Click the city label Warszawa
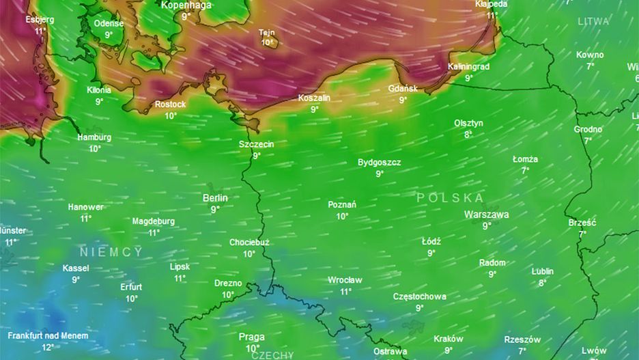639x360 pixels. [486, 214]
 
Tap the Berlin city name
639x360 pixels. [215, 198]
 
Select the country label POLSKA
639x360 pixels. [450, 197]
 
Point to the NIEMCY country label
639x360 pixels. [111, 251]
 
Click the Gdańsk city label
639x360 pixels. [402, 89]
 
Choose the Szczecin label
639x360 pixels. [256, 144]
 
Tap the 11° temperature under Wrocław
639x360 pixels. [345, 292]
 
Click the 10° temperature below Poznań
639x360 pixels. [342, 216]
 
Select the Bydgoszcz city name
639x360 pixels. [379, 163]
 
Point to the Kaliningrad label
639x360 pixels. [468, 67]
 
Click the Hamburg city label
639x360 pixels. [94, 137]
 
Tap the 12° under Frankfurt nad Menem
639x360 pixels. [48, 347]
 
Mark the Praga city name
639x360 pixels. [251, 337]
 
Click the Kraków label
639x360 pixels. [448, 339]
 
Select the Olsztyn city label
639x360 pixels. [468, 123]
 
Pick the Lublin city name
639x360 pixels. [543, 271]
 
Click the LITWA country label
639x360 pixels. [593, 21]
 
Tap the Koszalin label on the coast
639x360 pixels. [314, 98]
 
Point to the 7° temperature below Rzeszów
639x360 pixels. [522, 351]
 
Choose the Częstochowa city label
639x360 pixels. [419, 296]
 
